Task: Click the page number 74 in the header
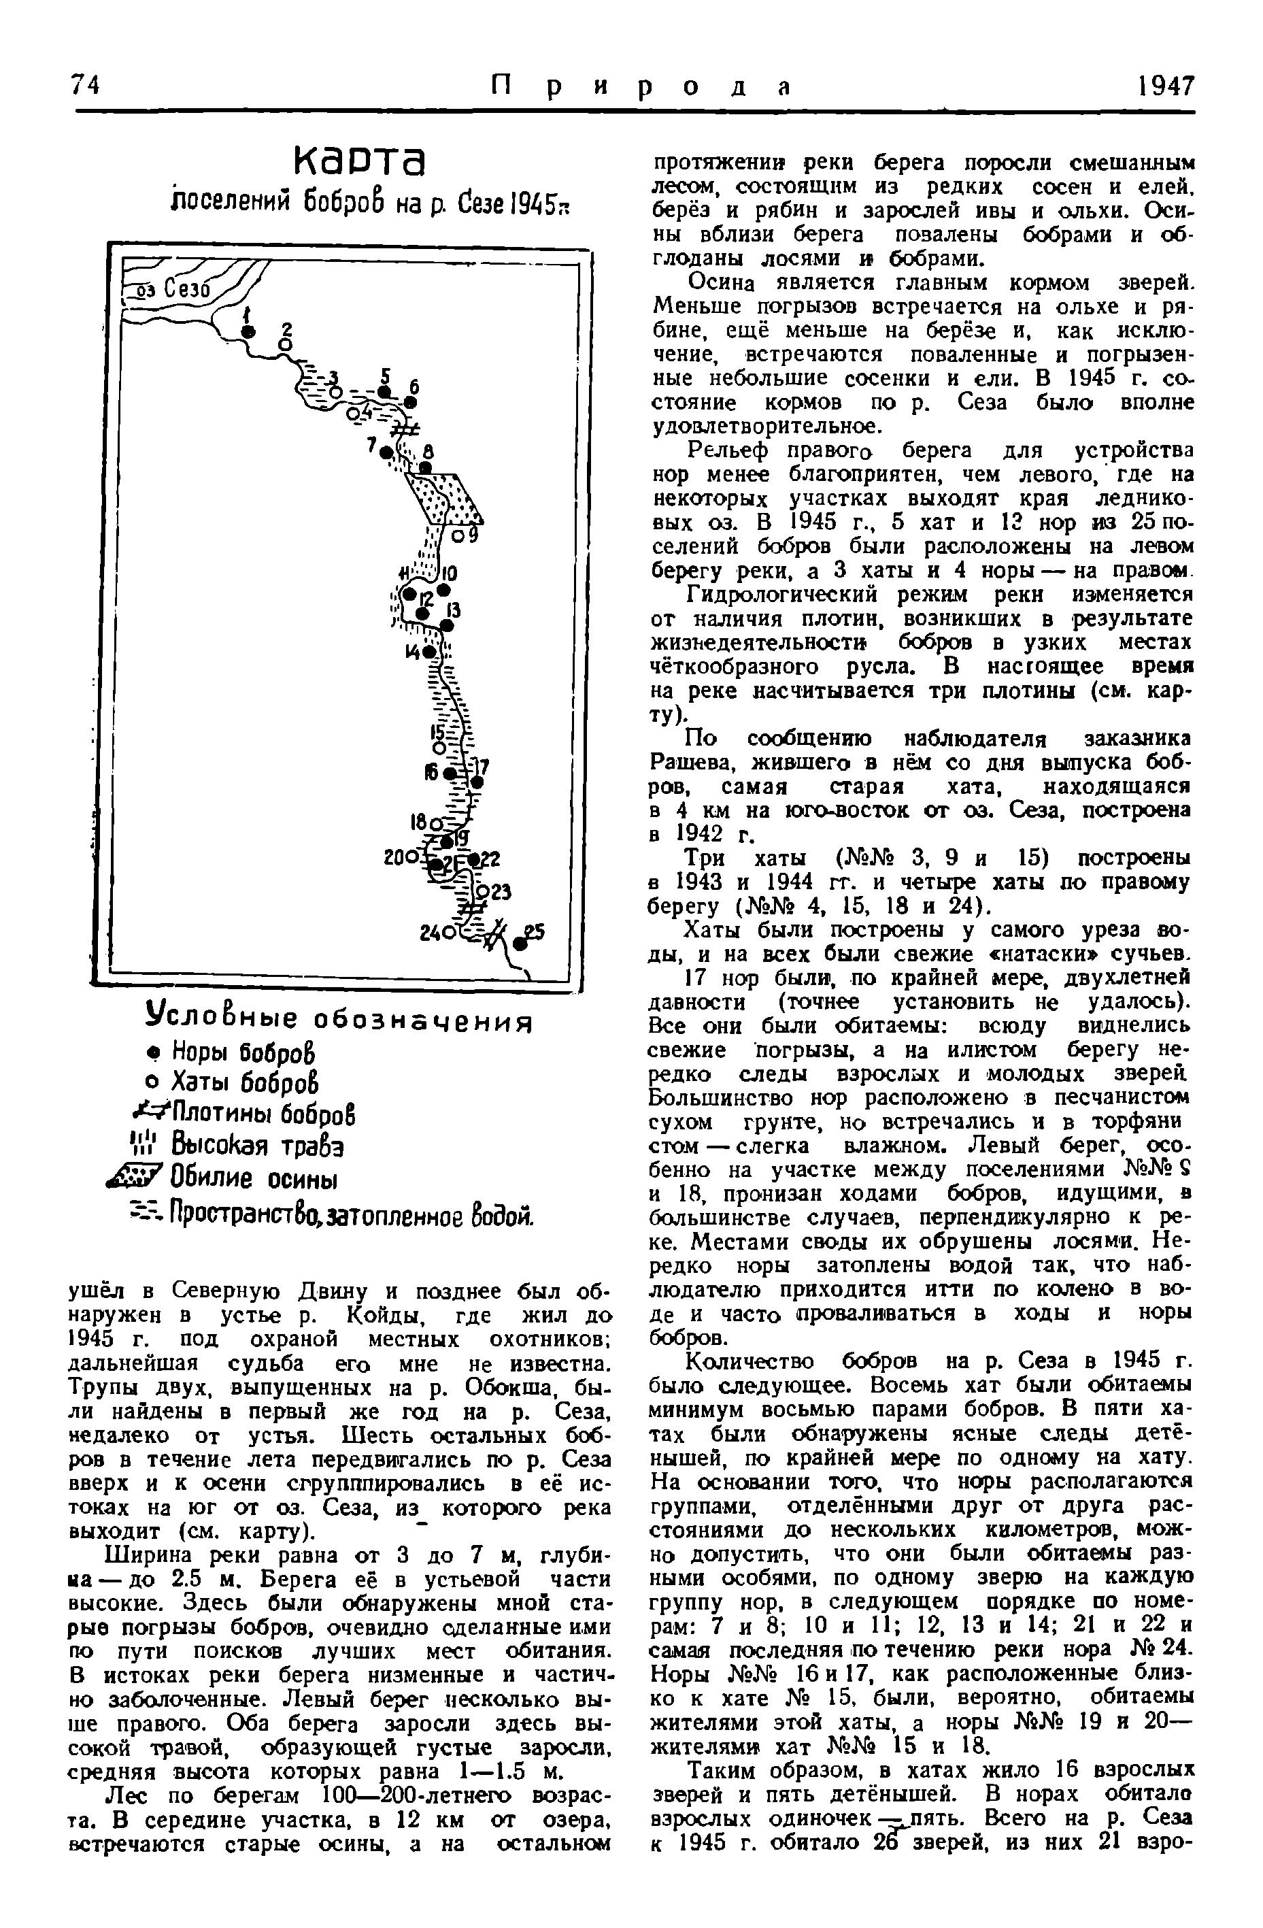coord(85,85)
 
